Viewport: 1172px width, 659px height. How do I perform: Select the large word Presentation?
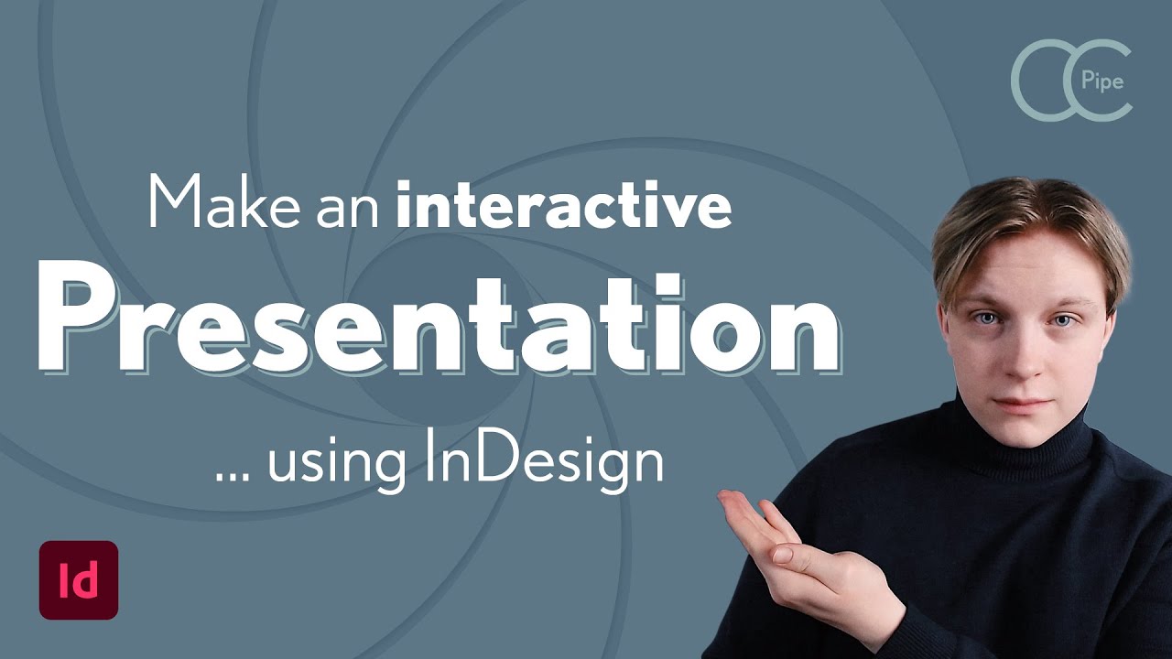(438, 322)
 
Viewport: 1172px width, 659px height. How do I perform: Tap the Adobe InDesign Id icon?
(79, 580)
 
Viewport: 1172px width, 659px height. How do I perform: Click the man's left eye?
(1061, 320)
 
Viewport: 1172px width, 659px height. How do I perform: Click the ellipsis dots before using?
(234, 476)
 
